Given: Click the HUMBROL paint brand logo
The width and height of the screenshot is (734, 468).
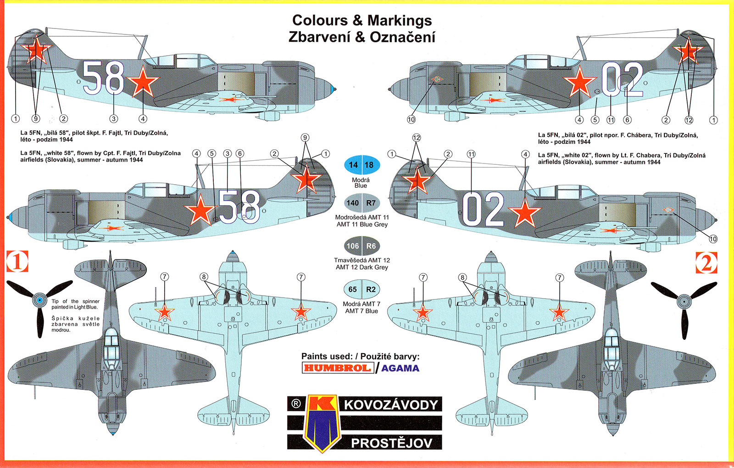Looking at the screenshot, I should (337, 368).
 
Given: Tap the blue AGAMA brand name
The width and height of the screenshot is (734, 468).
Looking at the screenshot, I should (400, 368).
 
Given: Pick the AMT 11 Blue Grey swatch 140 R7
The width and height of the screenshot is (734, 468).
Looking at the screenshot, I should (361, 203).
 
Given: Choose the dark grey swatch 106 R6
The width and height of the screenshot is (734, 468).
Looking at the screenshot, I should (361, 246).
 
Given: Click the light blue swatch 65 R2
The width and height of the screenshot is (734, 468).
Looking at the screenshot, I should (361, 289).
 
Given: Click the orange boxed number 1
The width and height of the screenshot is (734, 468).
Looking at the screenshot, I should (17, 262).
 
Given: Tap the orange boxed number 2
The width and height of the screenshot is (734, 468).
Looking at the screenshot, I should (706, 263).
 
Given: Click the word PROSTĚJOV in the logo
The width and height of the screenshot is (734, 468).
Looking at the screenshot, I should (391, 443).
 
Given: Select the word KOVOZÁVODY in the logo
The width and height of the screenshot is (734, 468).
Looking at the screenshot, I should (391, 405).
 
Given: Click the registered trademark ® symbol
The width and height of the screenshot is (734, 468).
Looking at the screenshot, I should (296, 404).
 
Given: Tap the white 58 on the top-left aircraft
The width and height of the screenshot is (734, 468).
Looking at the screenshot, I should (103, 78).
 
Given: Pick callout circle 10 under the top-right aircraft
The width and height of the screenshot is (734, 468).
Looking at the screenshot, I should (411, 119).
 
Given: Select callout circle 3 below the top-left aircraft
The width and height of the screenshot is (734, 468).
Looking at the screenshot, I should (114, 119).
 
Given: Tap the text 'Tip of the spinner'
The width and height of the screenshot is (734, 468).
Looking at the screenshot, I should (75, 301).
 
